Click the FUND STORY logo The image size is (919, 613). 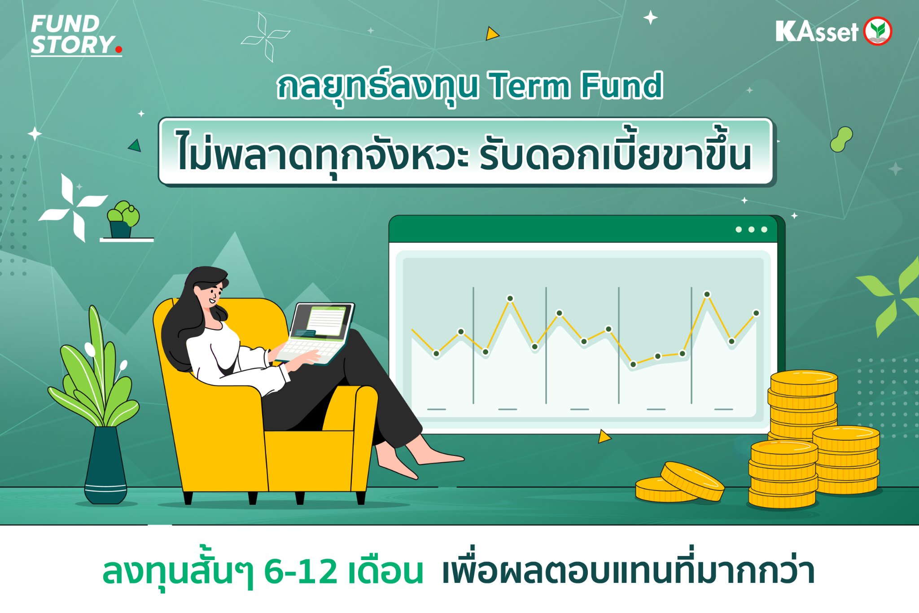click(74, 35)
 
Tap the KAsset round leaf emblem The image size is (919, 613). click(878, 31)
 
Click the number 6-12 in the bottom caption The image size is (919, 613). click(300, 572)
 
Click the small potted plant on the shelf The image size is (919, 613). click(123, 220)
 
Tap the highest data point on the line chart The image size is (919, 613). click(707, 294)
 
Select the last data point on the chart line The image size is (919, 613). click(756, 313)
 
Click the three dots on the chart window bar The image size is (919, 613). click(751, 230)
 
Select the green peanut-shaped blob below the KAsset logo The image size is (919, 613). click(841, 139)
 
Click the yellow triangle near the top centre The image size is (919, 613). click(491, 34)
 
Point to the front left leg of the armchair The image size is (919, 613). click(188, 497)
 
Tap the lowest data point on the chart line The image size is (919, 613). click(633, 364)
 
